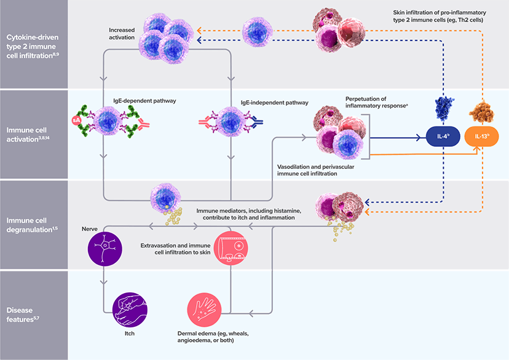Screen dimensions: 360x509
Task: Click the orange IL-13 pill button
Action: (482, 135)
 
